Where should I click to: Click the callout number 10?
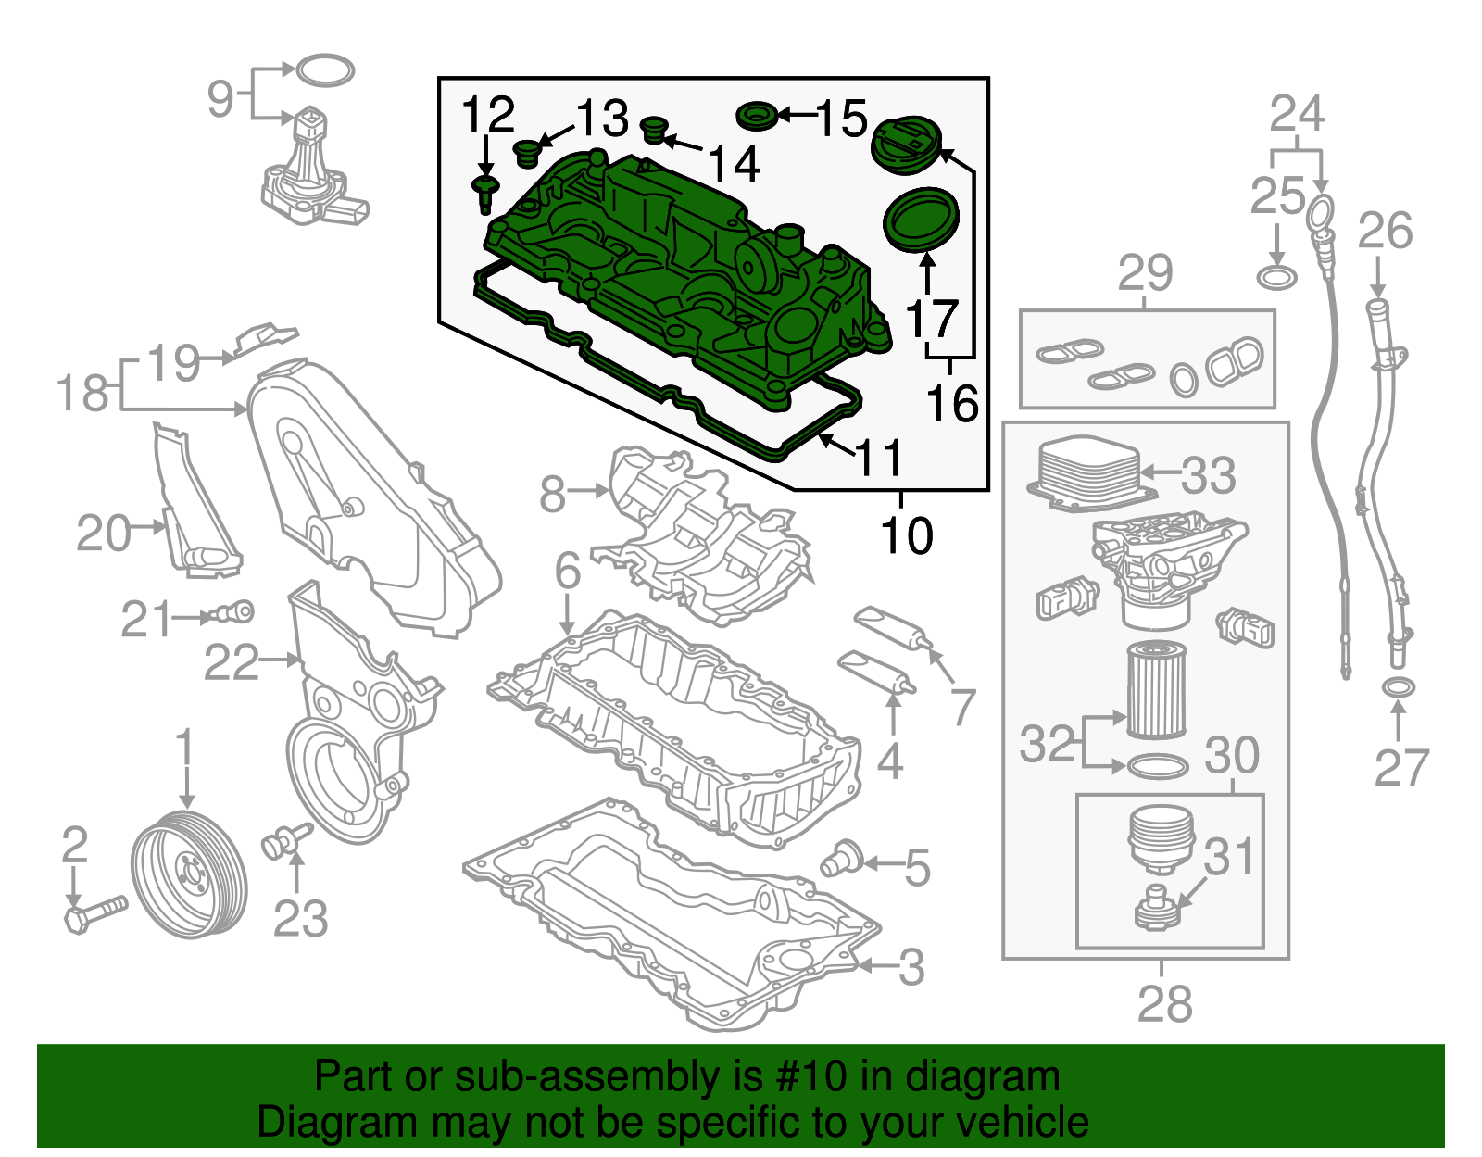pos(906,535)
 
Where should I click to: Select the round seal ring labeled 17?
pos(920,220)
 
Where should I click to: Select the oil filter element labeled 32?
pos(1155,691)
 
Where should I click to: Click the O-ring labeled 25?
pos(1277,276)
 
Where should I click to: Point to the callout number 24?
pos(1297,115)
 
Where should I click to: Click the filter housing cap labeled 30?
pos(1160,838)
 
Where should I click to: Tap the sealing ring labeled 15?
pos(757,117)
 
